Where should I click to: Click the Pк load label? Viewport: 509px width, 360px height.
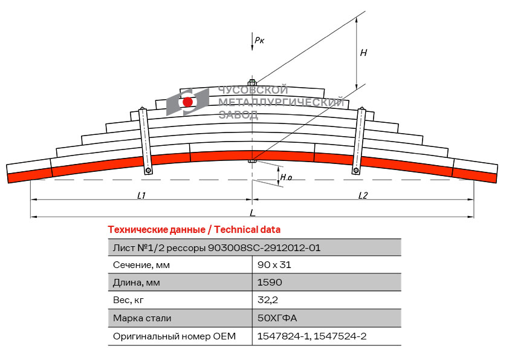[x=259, y=40]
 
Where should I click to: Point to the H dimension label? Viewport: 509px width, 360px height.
[x=363, y=53]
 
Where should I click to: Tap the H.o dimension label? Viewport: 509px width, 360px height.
[x=286, y=177]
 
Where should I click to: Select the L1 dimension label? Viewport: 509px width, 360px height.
[x=141, y=195]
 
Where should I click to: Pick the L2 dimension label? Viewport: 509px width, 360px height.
[x=363, y=195]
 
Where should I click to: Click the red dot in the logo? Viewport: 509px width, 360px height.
[x=187, y=102]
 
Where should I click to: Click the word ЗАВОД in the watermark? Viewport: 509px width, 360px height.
[x=238, y=115]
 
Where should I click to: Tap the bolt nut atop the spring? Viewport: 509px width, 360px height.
[x=252, y=82]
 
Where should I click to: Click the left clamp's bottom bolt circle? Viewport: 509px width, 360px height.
[x=148, y=170]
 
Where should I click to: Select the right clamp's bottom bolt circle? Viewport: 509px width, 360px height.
[x=356, y=170]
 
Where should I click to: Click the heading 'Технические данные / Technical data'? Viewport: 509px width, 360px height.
[x=194, y=230]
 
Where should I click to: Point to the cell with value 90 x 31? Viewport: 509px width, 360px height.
[x=274, y=265]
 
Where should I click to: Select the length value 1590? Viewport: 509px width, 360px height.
[x=270, y=283]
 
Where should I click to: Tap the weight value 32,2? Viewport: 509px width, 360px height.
[x=268, y=299]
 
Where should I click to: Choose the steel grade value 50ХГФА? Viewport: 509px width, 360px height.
[x=277, y=318]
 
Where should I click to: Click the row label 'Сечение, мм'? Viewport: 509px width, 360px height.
[x=141, y=265]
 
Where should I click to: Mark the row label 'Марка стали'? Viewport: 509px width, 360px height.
[x=142, y=318]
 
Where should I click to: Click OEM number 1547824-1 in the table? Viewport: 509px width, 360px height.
[x=284, y=336]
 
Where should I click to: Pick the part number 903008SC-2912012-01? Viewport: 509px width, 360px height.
[x=264, y=248]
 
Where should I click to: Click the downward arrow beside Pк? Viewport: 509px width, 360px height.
[x=252, y=42]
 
